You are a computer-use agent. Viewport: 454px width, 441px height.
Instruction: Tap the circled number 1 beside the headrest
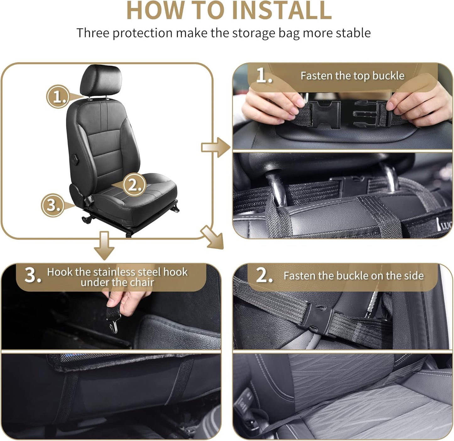58,96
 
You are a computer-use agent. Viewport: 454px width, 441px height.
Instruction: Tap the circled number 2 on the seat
134,185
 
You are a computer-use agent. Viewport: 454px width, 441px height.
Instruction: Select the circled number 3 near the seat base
53,205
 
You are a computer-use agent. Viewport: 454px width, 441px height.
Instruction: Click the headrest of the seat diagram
101,80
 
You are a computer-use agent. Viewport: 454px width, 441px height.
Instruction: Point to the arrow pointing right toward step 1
216,147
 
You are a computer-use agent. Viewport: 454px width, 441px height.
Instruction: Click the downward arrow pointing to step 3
104,245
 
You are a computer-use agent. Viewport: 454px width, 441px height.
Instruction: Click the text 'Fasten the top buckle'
352,76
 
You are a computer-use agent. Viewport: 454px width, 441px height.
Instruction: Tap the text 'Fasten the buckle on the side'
353,276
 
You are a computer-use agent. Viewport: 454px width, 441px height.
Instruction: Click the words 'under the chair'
117,282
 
